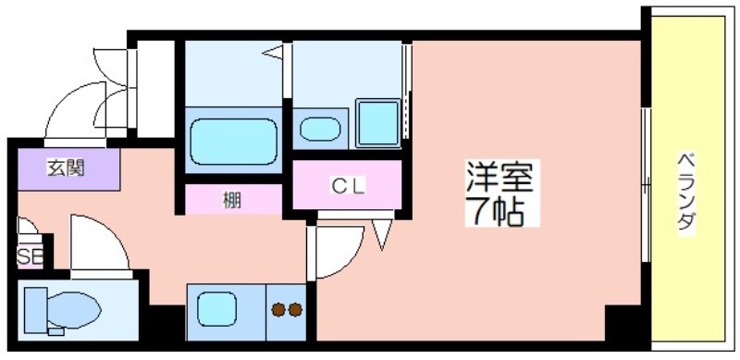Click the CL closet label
click(348, 187)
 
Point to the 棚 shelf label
click(232, 201)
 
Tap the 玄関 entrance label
click(66, 168)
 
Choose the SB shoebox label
click(31, 257)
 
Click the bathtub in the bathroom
click(234, 142)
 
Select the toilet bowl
click(74, 310)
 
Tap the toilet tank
click(35, 309)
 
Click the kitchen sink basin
click(216, 309)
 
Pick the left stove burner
click(278, 310)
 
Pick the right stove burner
click(295, 310)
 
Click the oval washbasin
click(320, 129)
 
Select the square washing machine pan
click(377, 123)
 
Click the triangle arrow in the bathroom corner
click(273, 52)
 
